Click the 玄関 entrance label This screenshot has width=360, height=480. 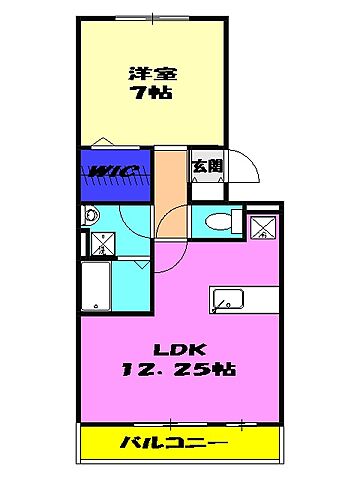point(207,166)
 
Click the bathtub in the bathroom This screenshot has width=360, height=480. point(97,286)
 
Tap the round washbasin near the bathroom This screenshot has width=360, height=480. point(89,215)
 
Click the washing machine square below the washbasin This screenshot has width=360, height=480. point(102,243)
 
